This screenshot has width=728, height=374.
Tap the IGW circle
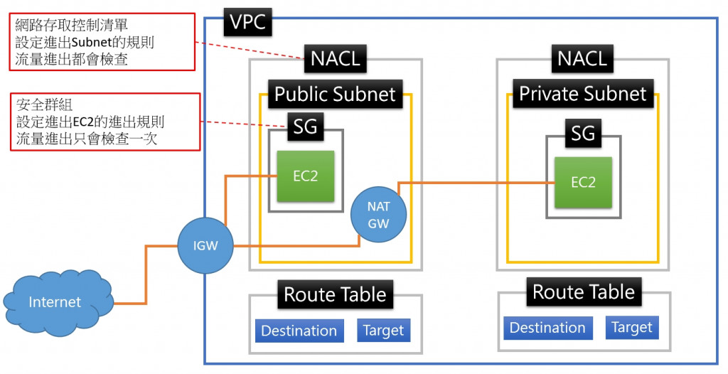[205, 246]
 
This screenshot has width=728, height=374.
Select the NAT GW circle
[379, 214]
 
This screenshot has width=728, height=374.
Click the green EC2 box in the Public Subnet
[305, 176]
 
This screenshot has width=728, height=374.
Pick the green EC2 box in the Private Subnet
[583, 182]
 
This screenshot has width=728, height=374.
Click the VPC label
[247, 22]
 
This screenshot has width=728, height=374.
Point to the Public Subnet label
[335, 94]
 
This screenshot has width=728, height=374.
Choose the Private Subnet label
[582, 93]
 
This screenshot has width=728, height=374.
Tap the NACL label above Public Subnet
[335, 59]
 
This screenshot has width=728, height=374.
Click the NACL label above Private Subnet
[582, 57]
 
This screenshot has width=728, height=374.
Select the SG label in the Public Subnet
[305, 128]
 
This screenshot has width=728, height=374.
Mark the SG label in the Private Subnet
[583, 133]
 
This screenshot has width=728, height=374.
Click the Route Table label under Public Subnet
[335, 294]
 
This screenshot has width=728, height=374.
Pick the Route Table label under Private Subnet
[583, 292]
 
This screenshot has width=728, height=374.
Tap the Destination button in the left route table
[299, 331]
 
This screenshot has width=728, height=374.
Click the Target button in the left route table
[383, 331]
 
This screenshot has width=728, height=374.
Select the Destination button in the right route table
[547, 328]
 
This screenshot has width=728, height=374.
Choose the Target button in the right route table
[631, 327]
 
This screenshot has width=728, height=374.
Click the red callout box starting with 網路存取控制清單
[99, 43]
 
